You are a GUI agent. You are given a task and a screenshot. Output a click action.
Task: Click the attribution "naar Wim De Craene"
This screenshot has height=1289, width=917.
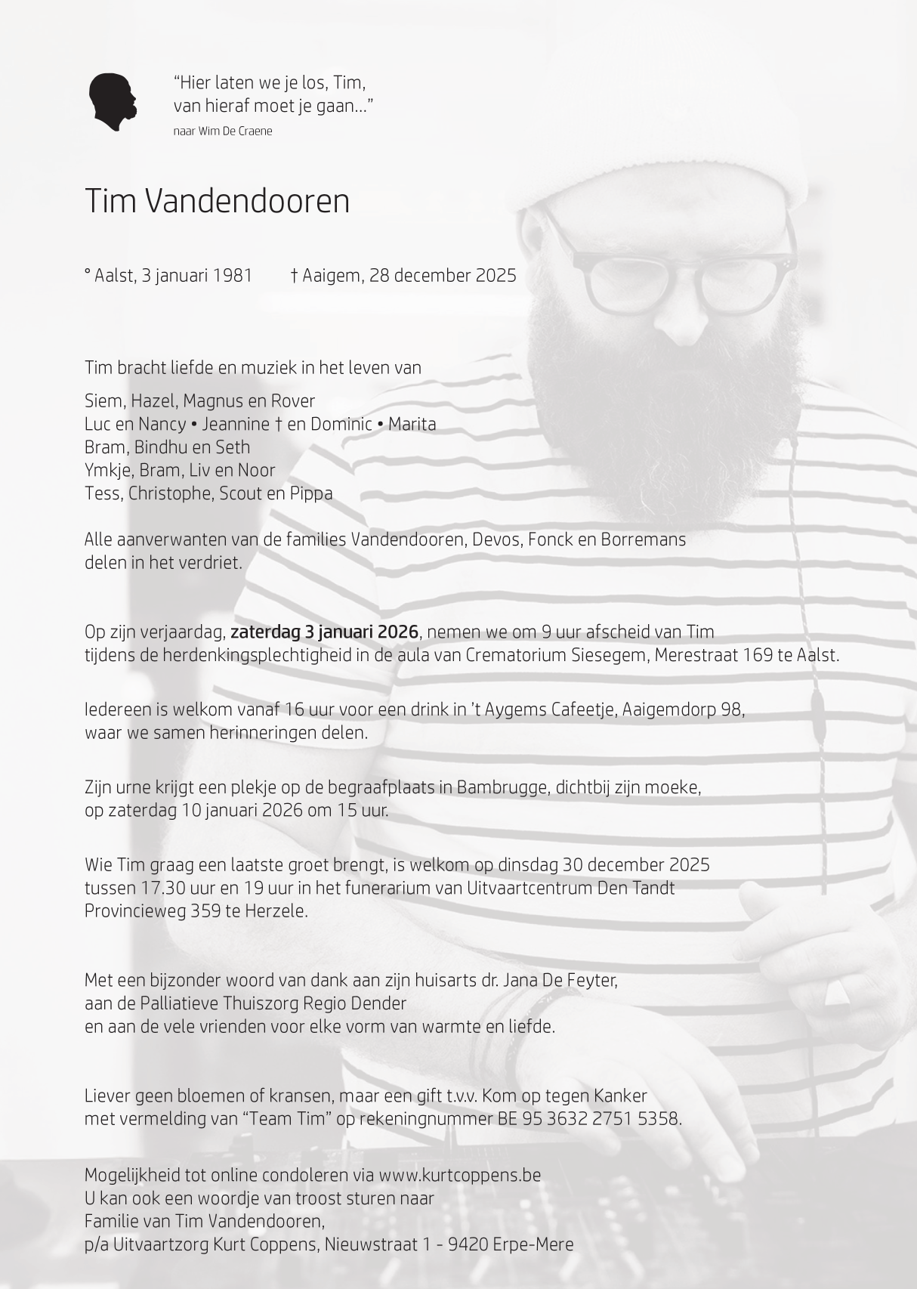pyautogui.click(x=223, y=131)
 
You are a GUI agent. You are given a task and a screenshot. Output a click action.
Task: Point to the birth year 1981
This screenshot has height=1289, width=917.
pyautogui.click(x=233, y=276)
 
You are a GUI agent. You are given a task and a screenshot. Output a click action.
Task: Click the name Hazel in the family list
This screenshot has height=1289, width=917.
pyautogui.click(x=154, y=401)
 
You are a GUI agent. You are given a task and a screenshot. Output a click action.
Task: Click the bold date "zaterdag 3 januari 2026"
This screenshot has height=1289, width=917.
pyautogui.click(x=324, y=632)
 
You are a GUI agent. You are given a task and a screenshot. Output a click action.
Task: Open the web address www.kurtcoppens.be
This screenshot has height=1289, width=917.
pyautogui.click(x=459, y=1176)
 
